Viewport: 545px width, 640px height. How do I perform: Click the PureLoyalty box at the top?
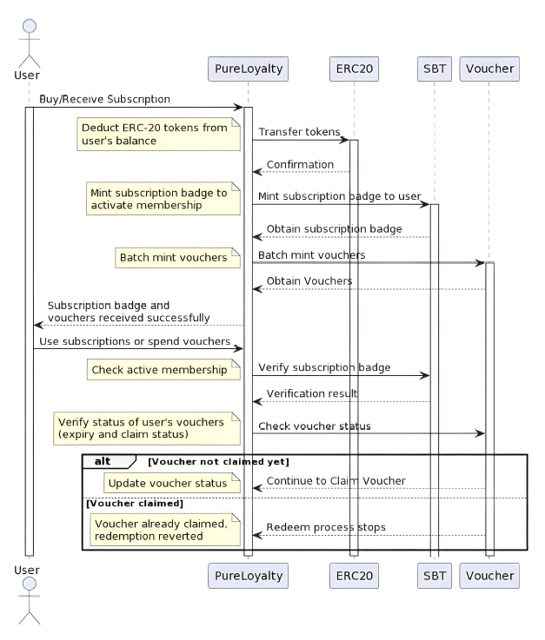[x=248, y=68]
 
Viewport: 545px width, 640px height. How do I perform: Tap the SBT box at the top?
[x=434, y=68]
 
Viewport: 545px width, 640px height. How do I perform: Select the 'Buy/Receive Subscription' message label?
[x=104, y=100]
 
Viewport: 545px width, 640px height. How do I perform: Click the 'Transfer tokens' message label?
[x=299, y=132]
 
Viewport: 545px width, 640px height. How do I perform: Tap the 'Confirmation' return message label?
[x=300, y=164]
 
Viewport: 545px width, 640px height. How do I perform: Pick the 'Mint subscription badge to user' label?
[x=339, y=196]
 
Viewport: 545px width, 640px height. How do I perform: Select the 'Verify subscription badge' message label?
[x=324, y=367]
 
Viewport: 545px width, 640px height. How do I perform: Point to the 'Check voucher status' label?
[x=314, y=426]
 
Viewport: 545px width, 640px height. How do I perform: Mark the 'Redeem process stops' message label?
[x=326, y=527]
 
